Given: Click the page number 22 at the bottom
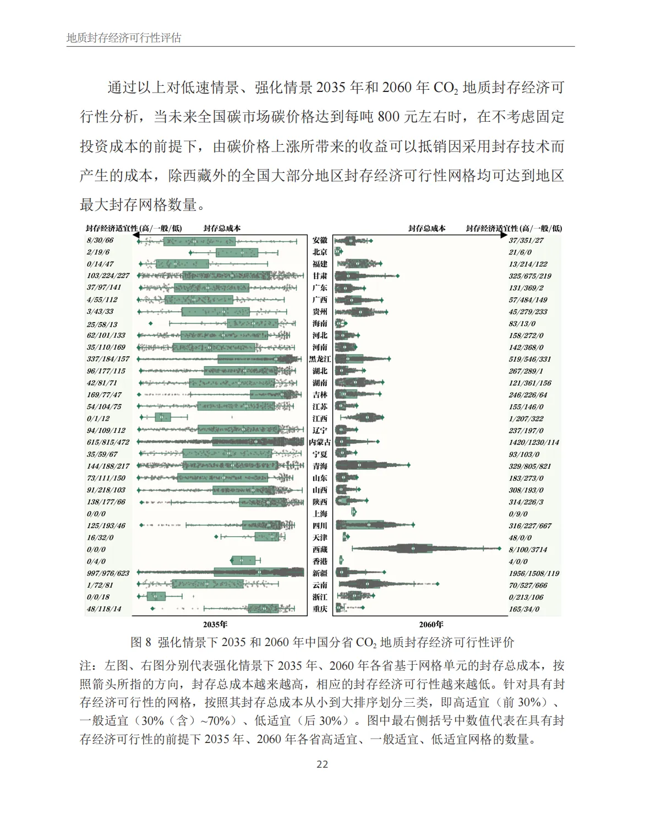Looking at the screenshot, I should (322, 764).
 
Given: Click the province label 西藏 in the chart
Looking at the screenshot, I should (320, 550).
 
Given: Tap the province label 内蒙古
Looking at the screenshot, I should (320, 442).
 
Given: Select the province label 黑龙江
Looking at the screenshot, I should (320, 359).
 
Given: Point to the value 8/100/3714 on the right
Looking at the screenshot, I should (528, 550).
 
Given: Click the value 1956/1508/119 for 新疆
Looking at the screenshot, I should (533, 573).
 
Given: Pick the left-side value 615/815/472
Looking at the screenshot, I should (108, 442).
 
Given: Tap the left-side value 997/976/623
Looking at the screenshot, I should (108, 573).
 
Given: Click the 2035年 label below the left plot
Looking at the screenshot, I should (215, 625).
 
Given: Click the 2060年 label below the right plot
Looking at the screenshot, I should (431, 625).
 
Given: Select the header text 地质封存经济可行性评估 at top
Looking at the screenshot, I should (124, 38).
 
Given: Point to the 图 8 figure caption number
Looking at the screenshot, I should (141, 642).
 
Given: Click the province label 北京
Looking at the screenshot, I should (320, 252).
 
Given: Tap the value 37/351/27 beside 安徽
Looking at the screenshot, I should (526, 241).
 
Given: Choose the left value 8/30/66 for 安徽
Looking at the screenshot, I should (100, 241).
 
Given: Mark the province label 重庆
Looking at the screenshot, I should (320, 609).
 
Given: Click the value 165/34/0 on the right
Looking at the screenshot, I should (524, 609).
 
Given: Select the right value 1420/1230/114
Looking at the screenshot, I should (533, 442).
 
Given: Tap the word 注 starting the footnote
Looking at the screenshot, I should (86, 666).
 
